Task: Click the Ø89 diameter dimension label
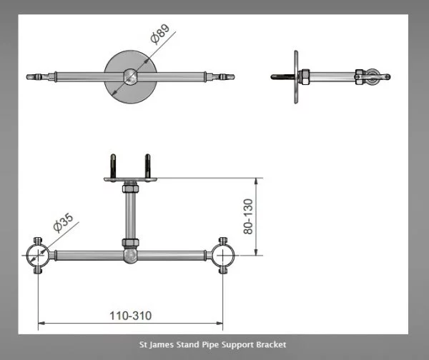coord(160,34)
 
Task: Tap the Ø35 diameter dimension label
coord(64,222)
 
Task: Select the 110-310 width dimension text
coord(131,316)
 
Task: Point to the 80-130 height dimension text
coord(248,216)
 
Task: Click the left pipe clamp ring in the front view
coord(38,256)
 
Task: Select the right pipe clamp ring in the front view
coord(223,256)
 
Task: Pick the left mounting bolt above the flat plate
coord(113,166)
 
